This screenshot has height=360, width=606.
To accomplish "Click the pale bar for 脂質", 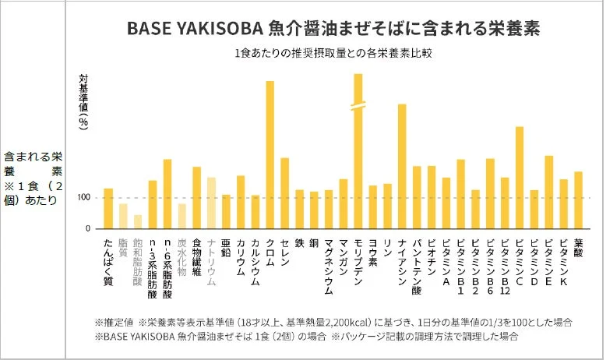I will pyautogui.click(x=123, y=216).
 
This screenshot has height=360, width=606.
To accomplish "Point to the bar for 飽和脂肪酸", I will pyautogui.click(x=138, y=221).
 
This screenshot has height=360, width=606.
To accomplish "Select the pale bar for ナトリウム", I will pyautogui.click(x=211, y=203).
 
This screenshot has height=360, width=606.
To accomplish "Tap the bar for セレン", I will pyautogui.click(x=284, y=193).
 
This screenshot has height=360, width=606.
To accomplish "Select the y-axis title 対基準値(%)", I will pyautogui.click(x=84, y=101).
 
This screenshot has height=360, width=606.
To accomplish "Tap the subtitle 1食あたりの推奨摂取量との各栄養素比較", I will pyautogui.click(x=333, y=55).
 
